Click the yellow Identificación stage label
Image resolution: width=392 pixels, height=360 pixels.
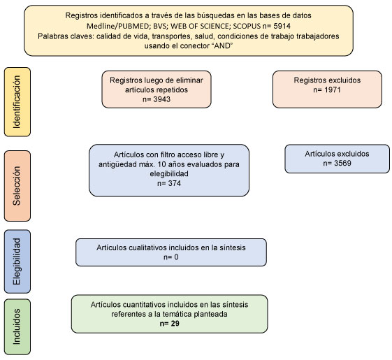17,102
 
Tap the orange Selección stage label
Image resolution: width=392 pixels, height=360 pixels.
17,186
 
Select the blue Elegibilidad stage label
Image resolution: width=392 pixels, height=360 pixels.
17,261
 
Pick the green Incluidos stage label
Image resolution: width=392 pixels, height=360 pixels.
17,326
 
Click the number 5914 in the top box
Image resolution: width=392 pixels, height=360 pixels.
282,26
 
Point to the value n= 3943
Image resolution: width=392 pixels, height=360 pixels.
157,99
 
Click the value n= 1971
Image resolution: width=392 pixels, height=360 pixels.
327,89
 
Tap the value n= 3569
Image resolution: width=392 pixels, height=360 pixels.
337,163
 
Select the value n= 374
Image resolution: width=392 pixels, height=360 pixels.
169,183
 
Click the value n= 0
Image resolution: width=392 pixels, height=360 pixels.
171,257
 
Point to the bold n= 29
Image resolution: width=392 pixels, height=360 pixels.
170,324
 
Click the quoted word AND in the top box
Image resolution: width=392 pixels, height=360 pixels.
223,45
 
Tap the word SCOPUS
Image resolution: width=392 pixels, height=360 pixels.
247,26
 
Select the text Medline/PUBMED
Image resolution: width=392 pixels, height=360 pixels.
117,26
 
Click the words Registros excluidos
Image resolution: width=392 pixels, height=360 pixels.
327,80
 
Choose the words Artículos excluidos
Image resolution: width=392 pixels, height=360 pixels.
337,154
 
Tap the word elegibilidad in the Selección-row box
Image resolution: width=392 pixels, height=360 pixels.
169,173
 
